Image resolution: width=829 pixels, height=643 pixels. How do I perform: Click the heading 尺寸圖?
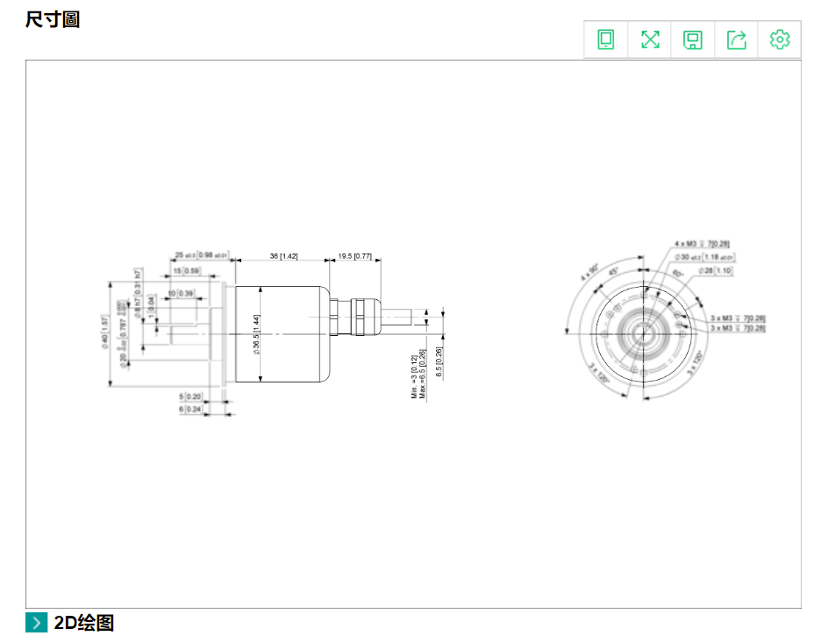(53, 19)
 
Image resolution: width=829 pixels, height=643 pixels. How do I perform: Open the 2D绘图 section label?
(83, 623)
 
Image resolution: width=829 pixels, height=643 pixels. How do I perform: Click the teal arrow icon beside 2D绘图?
(36, 623)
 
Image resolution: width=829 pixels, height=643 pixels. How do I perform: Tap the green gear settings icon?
(779, 39)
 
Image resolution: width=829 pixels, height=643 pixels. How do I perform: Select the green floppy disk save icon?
(693, 39)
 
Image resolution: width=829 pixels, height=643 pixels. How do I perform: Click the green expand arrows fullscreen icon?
(650, 39)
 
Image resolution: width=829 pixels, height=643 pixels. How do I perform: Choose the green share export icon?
(736, 39)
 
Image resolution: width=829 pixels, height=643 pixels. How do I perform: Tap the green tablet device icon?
(606, 39)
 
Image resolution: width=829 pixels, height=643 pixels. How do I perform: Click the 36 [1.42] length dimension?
(283, 256)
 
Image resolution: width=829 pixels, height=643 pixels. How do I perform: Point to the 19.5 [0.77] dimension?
(354, 256)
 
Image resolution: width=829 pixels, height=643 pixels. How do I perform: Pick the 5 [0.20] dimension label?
(190, 397)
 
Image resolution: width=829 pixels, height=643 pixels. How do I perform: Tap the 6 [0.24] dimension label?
(190, 409)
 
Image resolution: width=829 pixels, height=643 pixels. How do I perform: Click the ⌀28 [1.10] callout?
(715, 271)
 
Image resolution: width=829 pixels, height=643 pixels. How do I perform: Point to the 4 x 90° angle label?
(589, 271)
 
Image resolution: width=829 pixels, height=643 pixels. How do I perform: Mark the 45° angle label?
(615, 271)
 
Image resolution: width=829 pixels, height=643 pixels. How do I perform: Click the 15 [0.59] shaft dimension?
(186, 271)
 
